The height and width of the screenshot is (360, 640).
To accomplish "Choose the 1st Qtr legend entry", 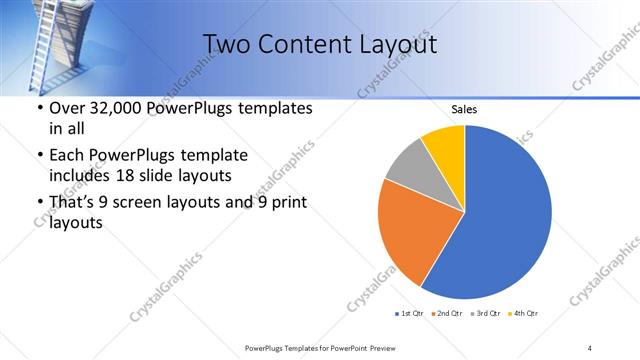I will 409,313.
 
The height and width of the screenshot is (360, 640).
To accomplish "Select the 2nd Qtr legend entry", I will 445,313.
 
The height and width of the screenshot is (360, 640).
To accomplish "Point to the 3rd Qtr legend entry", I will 484,313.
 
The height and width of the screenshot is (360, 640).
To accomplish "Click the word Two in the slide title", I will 229,44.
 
